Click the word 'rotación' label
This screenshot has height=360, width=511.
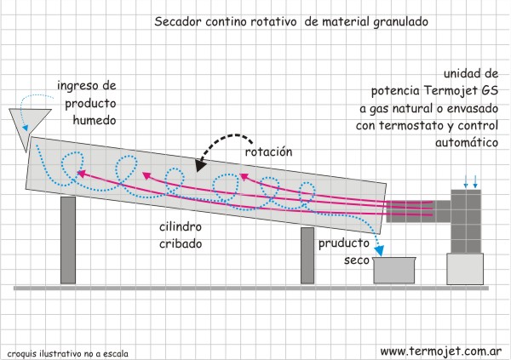pos(268,151)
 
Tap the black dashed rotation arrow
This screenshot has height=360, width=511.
pos(223,147)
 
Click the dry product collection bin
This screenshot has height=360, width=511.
pos(394,271)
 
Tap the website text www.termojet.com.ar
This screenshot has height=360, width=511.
pos(440,350)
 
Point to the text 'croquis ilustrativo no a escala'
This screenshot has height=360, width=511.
pos(67,351)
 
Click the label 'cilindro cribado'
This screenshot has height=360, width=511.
pos(181,234)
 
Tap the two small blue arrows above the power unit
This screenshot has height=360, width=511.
pos(469,180)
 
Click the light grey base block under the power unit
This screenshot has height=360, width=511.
pos(465,271)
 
